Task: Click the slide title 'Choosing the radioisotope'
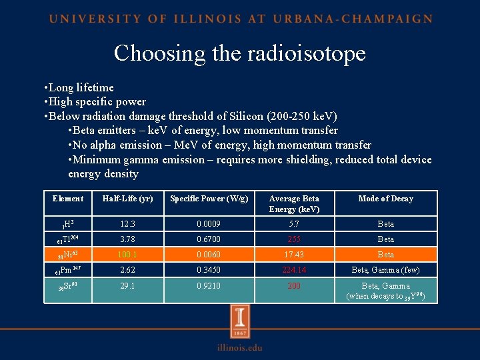[x=239, y=53]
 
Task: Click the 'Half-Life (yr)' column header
[x=127, y=199]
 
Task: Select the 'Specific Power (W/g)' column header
[x=209, y=199]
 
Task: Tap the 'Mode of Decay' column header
[x=385, y=199]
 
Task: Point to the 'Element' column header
[x=67, y=199]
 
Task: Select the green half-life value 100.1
[x=127, y=255]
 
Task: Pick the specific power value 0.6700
[x=209, y=239]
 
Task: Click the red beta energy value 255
[x=294, y=239]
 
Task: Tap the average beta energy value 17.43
[x=294, y=255]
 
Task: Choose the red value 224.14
[x=294, y=271]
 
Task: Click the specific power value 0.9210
[x=209, y=286]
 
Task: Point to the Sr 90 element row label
[x=67, y=287]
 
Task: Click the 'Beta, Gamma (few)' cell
[x=385, y=271]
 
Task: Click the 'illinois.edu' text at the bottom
[x=239, y=347]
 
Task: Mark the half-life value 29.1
[x=127, y=286]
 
